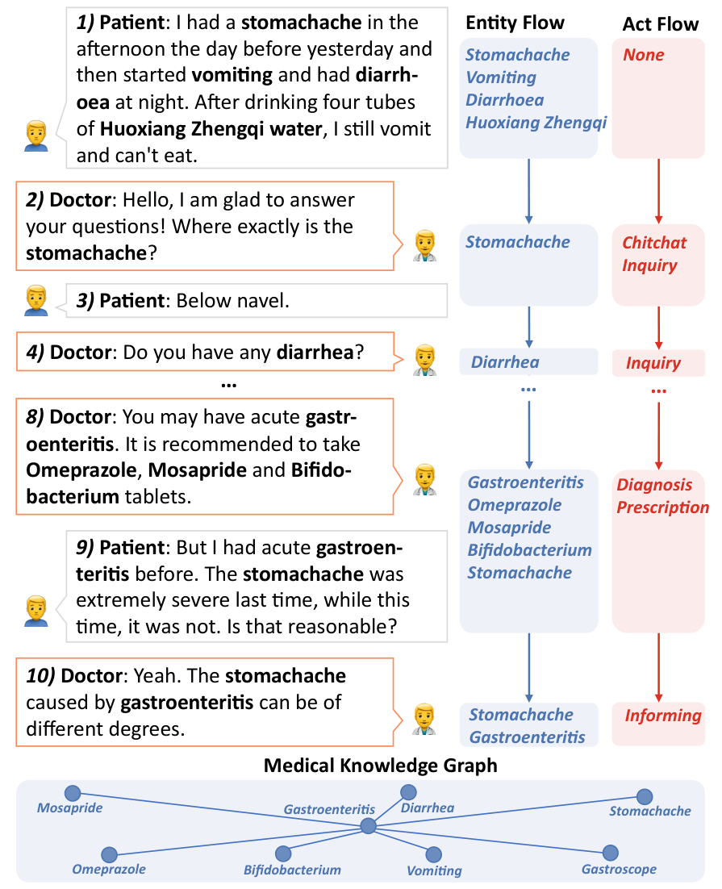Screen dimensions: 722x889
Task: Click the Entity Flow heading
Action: point(515,23)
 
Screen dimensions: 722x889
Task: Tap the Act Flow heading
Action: point(660,24)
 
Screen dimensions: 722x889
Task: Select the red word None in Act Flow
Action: point(643,54)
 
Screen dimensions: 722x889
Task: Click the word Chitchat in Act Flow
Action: point(654,243)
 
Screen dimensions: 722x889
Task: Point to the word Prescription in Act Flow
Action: point(662,507)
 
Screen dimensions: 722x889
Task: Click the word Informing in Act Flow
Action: point(663,716)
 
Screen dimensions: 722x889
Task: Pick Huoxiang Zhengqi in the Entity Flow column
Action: point(536,123)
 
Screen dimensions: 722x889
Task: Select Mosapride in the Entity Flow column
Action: point(509,528)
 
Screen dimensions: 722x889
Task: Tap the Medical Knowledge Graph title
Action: point(380,766)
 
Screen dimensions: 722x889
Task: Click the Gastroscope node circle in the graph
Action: point(610,853)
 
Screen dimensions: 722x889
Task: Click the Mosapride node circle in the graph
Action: point(73,793)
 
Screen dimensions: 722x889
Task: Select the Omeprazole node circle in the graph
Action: point(110,854)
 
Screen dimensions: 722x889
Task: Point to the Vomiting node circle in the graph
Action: point(433,854)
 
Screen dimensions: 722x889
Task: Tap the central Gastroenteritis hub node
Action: point(368,825)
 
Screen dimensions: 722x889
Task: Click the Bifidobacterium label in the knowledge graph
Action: point(292,870)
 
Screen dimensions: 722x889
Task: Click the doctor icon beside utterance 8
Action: point(425,480)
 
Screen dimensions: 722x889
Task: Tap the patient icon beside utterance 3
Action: point(36,300)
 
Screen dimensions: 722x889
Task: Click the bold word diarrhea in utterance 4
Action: point(315,352)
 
